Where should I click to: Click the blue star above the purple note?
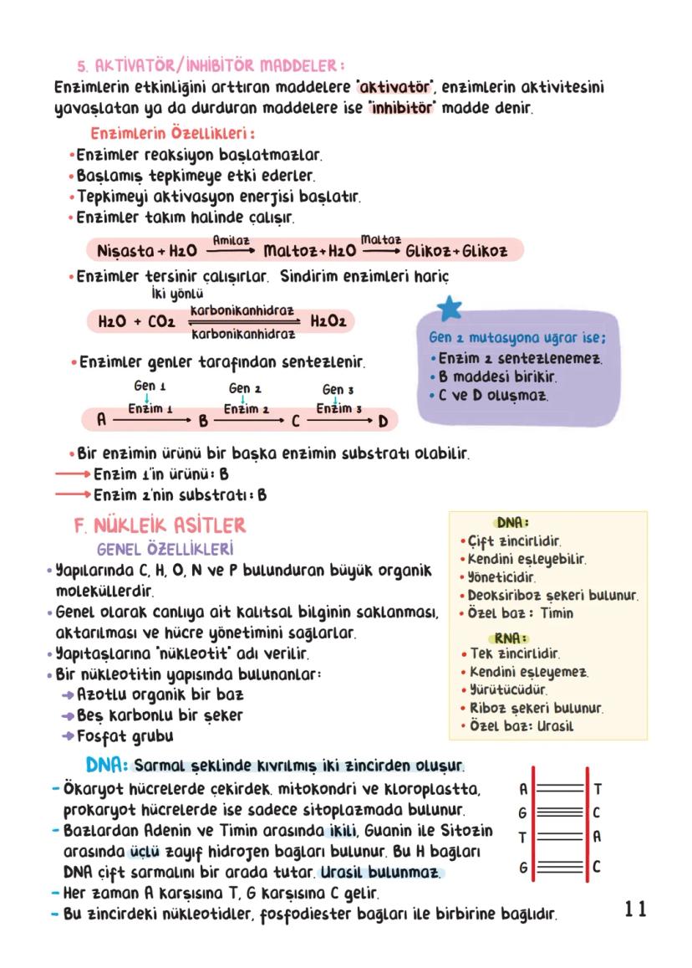point(450,308)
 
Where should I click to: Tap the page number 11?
point(634,909)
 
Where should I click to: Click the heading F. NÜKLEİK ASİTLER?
point(160,525)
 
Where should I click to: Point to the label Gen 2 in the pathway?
point(245,388)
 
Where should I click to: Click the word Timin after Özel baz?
point(557,612)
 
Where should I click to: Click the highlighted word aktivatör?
point(395,88)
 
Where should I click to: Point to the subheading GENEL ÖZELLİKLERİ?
point(165,549)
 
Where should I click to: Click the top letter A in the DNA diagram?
point(522,788)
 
